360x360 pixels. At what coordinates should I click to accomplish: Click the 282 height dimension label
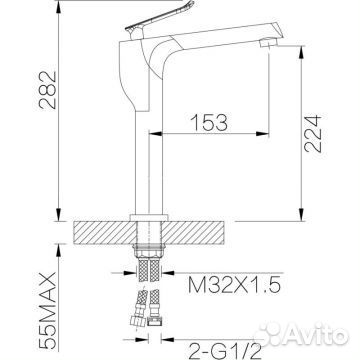pyautogui.click(x=48, y=90)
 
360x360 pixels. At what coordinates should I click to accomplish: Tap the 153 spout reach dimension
pyautogui.click(x=209, y=122)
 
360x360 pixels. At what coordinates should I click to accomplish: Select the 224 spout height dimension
pyautogui.click(x=313, y=134)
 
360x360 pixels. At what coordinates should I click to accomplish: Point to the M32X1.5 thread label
pyautogui.click(x=234, y=285)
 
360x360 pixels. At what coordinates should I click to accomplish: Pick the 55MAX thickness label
pyautogui.click(x=48, y=311)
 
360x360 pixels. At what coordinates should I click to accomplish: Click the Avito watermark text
pyautogui.click(x=301, y=334)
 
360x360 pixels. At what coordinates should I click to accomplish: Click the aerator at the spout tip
pyautogui.click(x=269, y=43)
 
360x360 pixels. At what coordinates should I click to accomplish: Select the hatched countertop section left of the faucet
pyautogui.click(x=103, y=233)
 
